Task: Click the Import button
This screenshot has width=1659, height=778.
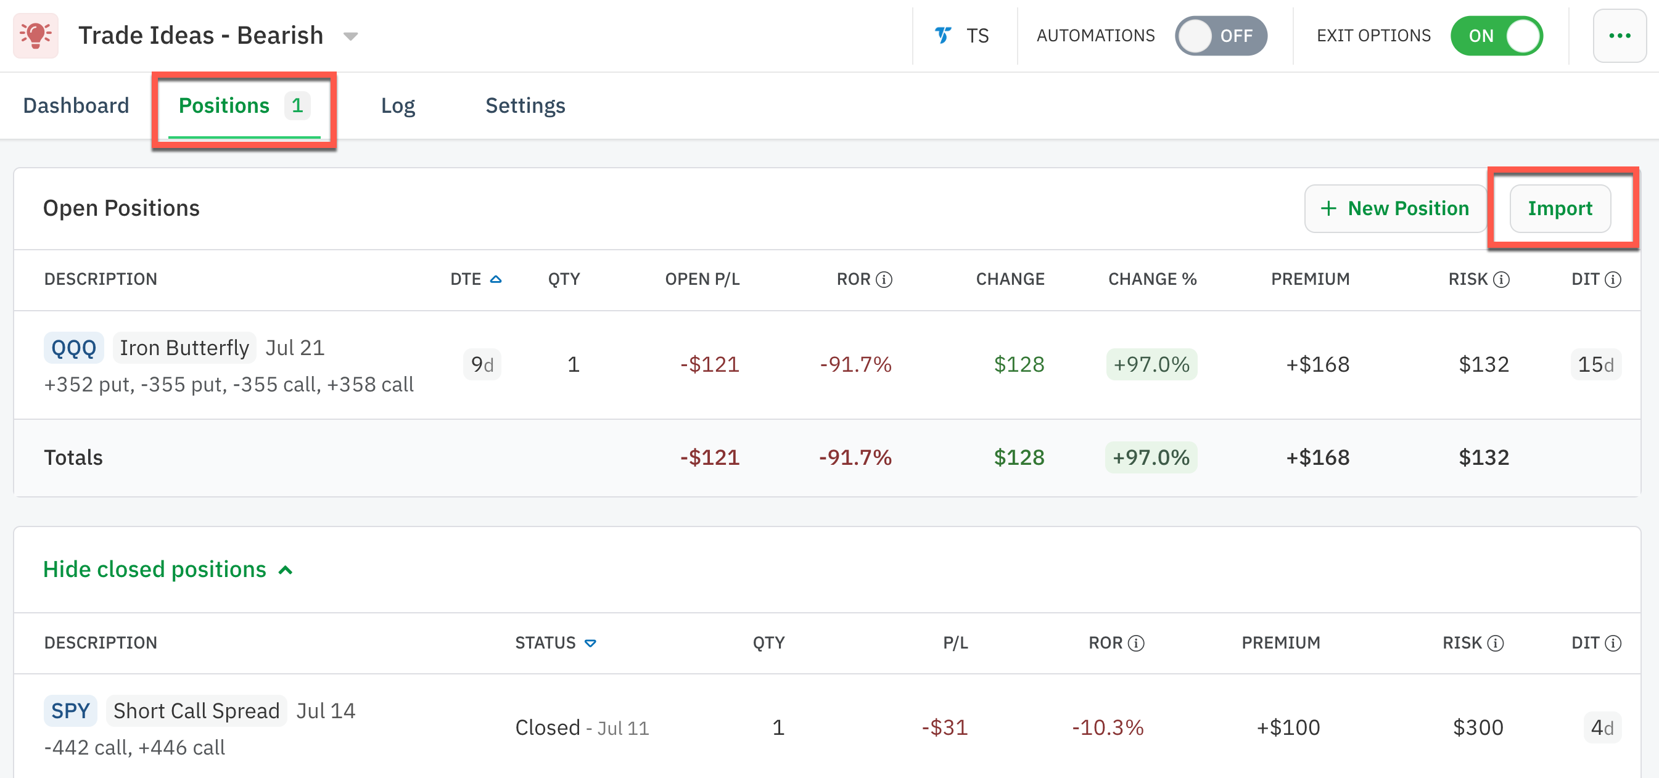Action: [x=1559, y=208]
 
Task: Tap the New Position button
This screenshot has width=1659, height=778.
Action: [x=1395, y=208]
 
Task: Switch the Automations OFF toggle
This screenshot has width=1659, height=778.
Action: [x=1221, y=36]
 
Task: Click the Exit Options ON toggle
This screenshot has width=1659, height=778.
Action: [x=1496, y=36]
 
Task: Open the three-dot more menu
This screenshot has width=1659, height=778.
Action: [x=1619, y=36]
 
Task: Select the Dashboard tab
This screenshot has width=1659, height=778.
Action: [x=76, y=105]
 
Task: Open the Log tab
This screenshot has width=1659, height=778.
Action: [x=397, y=105]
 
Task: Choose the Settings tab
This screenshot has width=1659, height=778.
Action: [x=525, y=105]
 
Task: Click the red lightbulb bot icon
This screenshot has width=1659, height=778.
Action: [x=36, y=35]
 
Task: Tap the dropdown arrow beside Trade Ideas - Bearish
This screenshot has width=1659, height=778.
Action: [x=350, y=36]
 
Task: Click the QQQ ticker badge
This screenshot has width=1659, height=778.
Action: [x=73, y=348]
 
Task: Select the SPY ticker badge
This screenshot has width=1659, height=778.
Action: [x=70, y=711]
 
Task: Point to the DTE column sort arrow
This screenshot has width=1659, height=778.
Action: [x=496, y=279]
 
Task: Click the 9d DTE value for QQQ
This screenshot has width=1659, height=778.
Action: [x=482, y=365]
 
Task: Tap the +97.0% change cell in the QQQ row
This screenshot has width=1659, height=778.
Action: [x=1151, y=365]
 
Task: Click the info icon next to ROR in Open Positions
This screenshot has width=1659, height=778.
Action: [x=884, y=280]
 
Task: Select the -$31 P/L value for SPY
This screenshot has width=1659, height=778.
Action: [x=944, y=728]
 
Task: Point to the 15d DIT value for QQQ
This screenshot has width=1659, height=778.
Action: [x=1595, y=365]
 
